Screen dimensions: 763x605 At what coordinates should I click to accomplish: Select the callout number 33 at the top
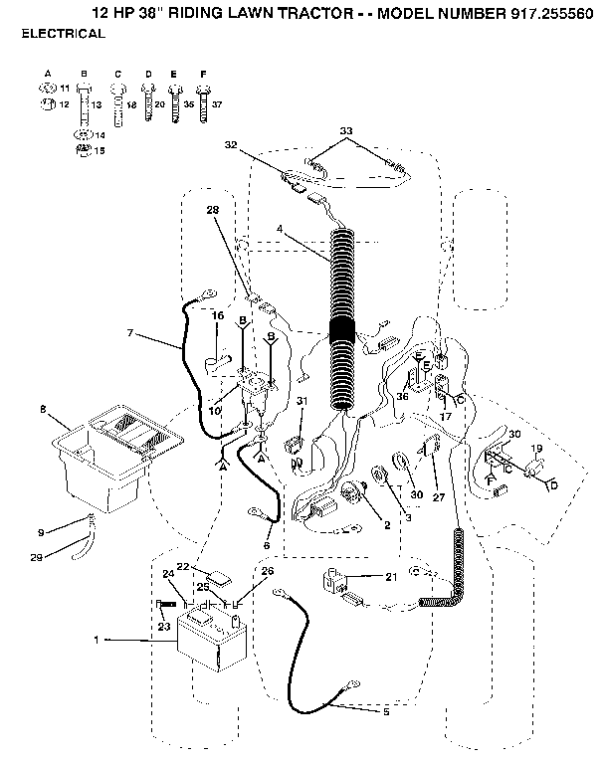click(x=346, y=130)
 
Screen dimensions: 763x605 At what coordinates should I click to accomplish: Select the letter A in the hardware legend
click(x=48, y=75)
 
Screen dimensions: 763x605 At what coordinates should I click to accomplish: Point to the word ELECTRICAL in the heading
click(x=63, y=34)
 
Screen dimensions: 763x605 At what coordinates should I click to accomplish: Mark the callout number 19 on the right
click(x=536, y=449)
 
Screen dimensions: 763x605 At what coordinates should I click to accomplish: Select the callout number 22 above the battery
click(x=182, y=567)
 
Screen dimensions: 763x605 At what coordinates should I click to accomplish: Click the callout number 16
click(x=217, y=315)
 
